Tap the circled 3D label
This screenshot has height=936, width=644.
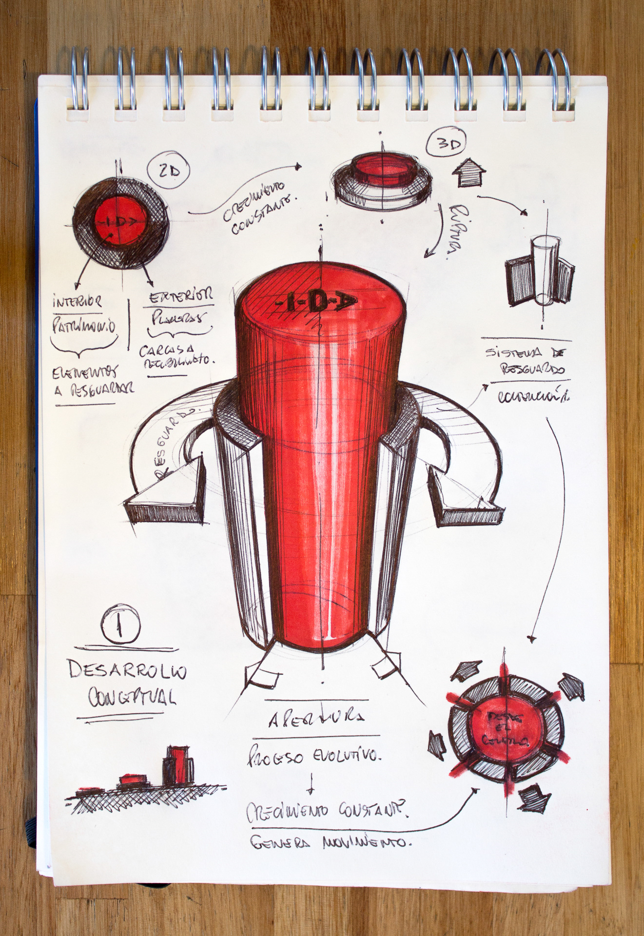click(x=447, y=143)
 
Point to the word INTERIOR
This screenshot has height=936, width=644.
click(x=78, y=302)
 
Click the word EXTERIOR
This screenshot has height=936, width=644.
click(x=181, y=296)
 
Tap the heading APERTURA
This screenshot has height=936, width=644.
click(x=316, y=719)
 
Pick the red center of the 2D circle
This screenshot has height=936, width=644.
click(x=120, y=222)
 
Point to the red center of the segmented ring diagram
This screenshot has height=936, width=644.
click(x=506, y=730)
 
